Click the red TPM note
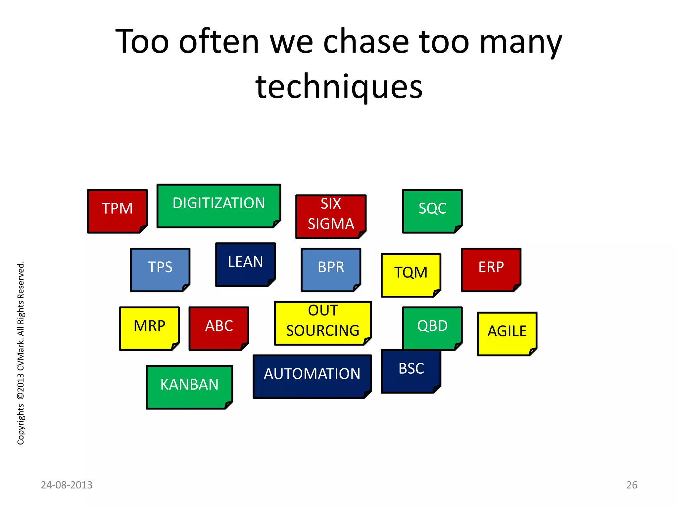(x=117, y=211)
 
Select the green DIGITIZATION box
(x=218, y=206)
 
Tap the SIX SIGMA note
(x=331, y=216)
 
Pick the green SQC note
(x=432, y=211)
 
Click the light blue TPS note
(x=160, y=270)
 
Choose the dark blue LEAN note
(x=245, y=264)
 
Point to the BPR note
(x=331, y=270)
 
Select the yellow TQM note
(x=411, y=275)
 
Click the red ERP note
(x=491, y=270)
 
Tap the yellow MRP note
(x=149, y=328)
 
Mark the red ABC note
(x=218, y=328)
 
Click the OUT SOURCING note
(x=323, y=323)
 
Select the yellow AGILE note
(x=507, y=333)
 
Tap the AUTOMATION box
(x=312, y=376)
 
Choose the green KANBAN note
(x=189, y=387)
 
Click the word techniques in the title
(x=339, y=87)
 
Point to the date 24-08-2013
(x=67, y=485)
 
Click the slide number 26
(x=632, y=485)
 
